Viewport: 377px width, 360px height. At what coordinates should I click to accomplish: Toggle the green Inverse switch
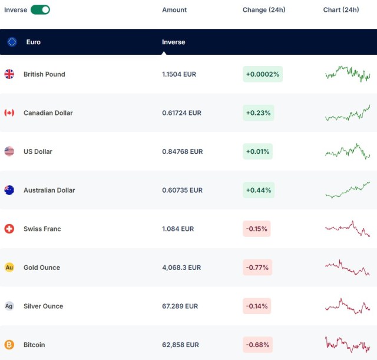point(40,9)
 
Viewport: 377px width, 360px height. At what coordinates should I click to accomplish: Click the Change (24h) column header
point(264,10)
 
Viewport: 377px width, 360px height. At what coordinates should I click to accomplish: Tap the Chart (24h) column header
point(341,10)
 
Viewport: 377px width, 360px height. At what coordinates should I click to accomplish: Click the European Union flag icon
point(12,42)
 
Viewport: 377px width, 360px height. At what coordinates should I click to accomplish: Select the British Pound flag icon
point(9,74)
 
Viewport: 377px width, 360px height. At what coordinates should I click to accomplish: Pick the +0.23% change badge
point(258,113)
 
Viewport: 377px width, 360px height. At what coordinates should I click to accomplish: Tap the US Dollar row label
point(38,151)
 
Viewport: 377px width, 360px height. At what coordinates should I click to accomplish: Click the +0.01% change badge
point(257,151)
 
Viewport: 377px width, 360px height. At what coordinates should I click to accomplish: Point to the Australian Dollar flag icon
point(9,190)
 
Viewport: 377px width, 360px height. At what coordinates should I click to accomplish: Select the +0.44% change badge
point(258,190)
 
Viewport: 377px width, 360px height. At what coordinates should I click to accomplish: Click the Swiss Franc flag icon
point(9,229)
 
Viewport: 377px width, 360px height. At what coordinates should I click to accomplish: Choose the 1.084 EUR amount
point(178,229)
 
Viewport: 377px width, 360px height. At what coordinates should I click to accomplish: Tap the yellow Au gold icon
point(9,267)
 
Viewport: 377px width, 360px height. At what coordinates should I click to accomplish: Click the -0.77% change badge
point(257,267)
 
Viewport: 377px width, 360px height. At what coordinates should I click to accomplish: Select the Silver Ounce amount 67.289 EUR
point(180,306)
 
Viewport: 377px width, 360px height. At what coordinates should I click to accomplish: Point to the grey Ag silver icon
point(9,306)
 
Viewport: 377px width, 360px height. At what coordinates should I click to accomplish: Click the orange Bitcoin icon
point(9,345)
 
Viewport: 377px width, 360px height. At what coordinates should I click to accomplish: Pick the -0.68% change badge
point(257,345)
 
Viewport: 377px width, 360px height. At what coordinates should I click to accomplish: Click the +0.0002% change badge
point(263,74)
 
